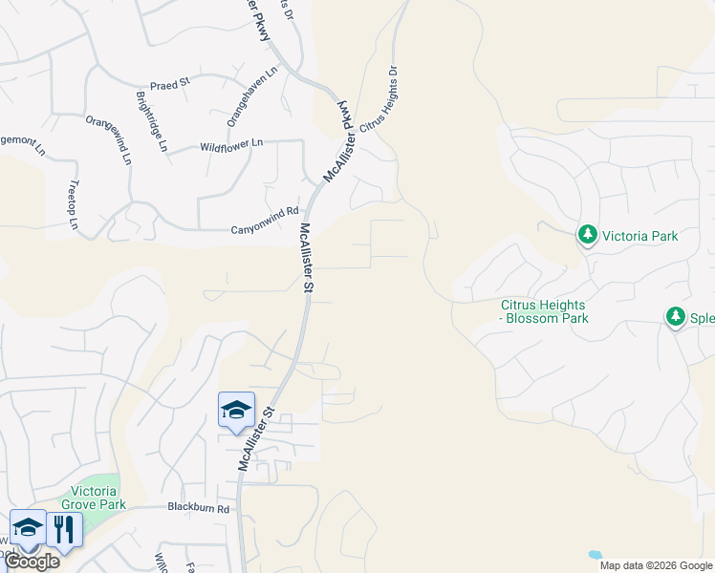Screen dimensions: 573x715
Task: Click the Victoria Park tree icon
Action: click(x=587, y=235)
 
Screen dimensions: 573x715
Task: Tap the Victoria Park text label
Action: click(x=639, y=235)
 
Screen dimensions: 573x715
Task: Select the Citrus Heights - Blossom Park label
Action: click(x=544, y=312)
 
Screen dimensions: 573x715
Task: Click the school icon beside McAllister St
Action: click(x=236, y=411)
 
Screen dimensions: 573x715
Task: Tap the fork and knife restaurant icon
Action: click(x=64, y=530)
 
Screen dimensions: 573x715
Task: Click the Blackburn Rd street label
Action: click(x=199, y=509)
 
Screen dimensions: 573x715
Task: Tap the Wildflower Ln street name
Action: click(x=230, y=145)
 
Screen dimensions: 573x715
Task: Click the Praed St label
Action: click(x=170, y=84)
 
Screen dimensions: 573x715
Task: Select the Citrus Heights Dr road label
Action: click(x=378, y=107)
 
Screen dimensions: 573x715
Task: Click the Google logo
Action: click(x=32, y=562)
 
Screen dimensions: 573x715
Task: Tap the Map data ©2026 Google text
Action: click(x=656, y=565)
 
